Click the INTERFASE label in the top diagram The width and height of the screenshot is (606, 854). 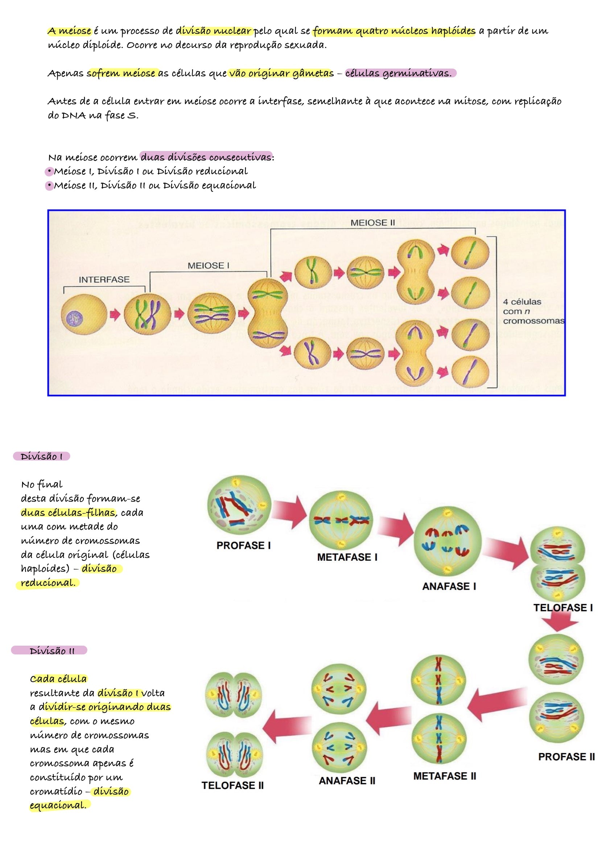(x=104, y=279)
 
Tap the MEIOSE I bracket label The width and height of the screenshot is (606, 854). (x=208, y=266)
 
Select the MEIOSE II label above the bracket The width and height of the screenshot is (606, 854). (x=372, y=222)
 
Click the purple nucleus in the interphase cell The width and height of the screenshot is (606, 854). (x=75, y=319)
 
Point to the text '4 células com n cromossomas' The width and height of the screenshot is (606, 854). (x=533, y=311)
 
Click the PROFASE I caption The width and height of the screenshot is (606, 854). (x=243, y=546)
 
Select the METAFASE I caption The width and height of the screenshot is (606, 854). (x=347, y=557)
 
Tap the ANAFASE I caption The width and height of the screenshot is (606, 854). (x=449, y=586)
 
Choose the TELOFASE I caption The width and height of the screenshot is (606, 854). (x=563, y=608)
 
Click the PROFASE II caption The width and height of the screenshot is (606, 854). (x=566, y=756)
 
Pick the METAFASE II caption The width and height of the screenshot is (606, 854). (x=444, y=776)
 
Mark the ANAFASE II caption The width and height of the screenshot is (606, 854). (x=347, y=780)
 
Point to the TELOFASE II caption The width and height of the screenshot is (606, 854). (x=232, y=785)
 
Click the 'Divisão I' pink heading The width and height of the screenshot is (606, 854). (x=41, y=456)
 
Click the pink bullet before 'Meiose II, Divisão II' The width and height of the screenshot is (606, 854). (x=49, y=185)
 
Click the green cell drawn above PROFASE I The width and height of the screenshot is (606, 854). (x=239, y=505)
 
